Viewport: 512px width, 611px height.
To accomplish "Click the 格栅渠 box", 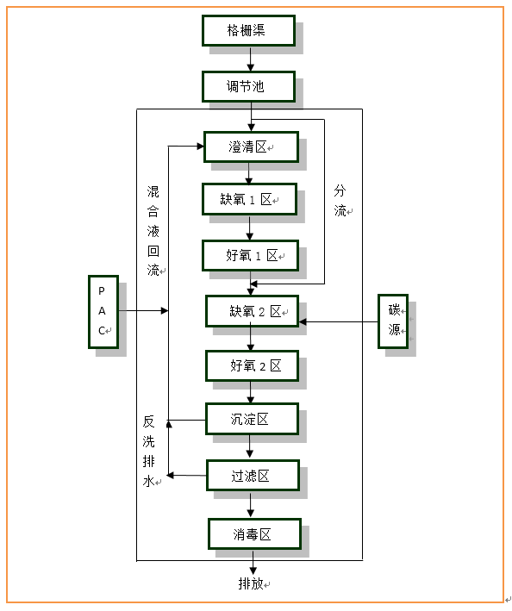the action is (x=248, y=30).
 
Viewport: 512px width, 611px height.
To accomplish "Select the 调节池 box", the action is (x=248, y=86).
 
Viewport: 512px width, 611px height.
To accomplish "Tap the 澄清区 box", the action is (x=252, y=147).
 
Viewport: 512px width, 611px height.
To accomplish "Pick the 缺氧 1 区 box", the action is (x=250, y=199).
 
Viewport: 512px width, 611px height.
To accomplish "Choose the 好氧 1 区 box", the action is (x=251, y=256).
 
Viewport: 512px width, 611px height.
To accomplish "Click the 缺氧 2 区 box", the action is (x=253, y=311).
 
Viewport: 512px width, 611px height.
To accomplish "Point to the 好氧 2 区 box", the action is (x=253, y=365).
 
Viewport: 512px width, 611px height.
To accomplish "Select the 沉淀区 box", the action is (x=253, y=419).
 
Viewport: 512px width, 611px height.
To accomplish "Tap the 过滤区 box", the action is (x=253, y=476).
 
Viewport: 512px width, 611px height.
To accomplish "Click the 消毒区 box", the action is (x=255, y=533).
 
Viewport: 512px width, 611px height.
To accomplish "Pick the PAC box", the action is (x=103, y=312).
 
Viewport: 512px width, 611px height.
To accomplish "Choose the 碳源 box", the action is (x=393, y=321).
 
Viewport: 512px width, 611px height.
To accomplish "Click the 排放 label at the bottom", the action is (x=251, y=583).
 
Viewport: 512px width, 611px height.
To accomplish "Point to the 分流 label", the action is (x=340, y=201).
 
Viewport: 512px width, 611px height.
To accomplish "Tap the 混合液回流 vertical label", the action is (x=153, y=231).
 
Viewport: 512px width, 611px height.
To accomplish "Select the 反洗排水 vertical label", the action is (x=149, y=452).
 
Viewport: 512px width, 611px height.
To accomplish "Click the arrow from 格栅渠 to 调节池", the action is (x=251, y=59).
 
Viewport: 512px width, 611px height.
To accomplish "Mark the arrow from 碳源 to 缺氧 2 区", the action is (x=338, y=321).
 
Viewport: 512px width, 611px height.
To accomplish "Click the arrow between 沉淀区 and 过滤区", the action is (x=250, y=446).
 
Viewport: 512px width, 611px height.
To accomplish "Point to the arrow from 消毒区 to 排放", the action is (x=253, y=562).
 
